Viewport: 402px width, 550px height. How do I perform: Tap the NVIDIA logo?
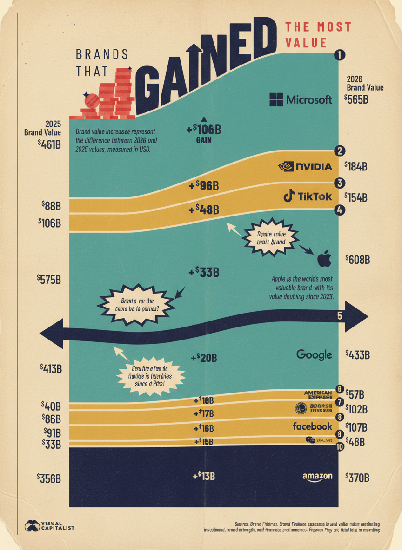click(305, 167)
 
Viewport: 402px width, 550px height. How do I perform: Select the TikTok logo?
click(308, 197)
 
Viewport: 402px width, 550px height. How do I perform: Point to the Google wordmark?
click(314, 355)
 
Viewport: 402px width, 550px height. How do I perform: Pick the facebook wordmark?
click(312, 426)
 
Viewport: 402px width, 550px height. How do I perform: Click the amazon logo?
click(317, 476)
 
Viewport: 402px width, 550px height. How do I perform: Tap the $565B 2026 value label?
click(357, 98)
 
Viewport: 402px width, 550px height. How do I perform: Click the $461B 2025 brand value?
click(49, 144)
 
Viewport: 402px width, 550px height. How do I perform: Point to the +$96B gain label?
click(204, 186)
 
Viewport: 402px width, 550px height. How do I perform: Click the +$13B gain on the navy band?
click(204, 476)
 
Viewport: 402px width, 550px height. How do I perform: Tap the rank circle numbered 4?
click(340, 210)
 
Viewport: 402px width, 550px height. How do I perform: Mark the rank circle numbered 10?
click(340, 447)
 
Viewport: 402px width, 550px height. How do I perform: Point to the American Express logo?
click(318, 395)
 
